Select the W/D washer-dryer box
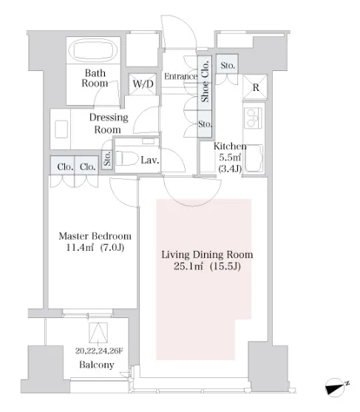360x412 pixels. coord(143,84)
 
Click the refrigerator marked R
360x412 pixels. coord(255,87)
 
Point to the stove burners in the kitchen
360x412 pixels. coord(253,118)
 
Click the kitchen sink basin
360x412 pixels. coord(254,158)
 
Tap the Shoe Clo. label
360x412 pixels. coord(205,81)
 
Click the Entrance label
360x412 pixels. coord(180,76)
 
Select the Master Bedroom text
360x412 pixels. coord(95,236)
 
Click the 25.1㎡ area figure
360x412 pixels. coord(189,266)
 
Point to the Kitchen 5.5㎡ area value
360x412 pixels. coord(230,158)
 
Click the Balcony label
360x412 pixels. coord(97,365)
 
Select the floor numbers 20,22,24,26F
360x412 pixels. coord(99,351)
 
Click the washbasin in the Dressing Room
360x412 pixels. coord(61,129)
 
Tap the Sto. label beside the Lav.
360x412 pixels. coord(107,159)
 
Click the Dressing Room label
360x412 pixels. coord(109,124)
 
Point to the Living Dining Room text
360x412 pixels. coord(207,254)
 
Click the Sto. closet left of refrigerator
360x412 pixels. coord(227,64)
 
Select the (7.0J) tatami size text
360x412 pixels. coord(112,248)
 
